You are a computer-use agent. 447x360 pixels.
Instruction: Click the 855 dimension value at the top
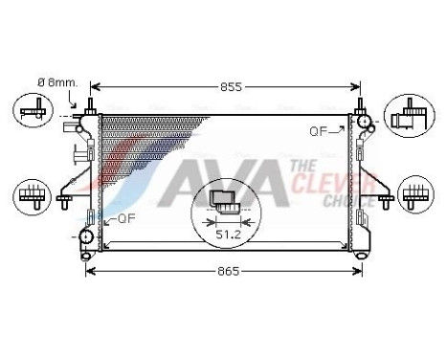tap(228, 86)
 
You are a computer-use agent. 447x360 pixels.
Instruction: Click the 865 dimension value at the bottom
tap(228, 272)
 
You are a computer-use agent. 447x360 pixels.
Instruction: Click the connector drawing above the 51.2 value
tap(227, 200)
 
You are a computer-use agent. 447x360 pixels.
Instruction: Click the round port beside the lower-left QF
tap(87, 236)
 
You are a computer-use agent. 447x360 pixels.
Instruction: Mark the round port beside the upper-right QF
tap(363, 121)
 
